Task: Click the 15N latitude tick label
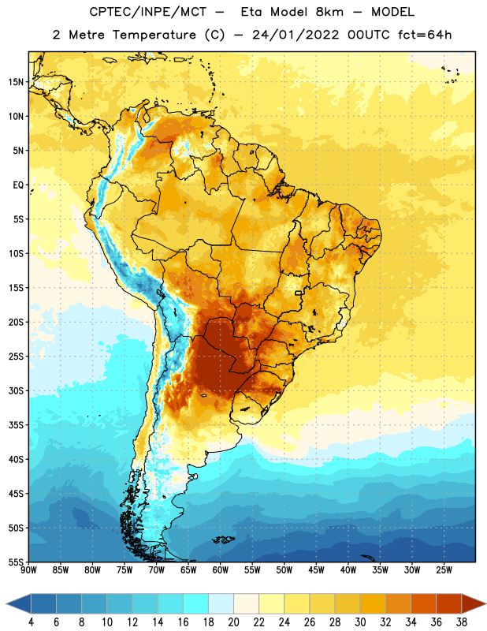(x=16, y=82)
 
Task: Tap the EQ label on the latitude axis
(x=18, y=185)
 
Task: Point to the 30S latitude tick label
(x=16, y=390)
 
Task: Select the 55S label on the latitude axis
(x=16, y=562)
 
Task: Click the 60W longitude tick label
(x=221, y=570)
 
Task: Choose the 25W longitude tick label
(x=444, y=570)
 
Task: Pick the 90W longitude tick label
(x=28, y=570)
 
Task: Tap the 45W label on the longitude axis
(x=316, y=570)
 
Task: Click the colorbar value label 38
(x=461, y=622)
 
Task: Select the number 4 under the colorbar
(x=31, y=622)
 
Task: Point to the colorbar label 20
(x=233, y=622)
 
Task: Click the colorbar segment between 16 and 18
(x=196, y=604)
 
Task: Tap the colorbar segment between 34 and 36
(x=423, y=604)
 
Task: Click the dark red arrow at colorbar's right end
(x=473, y=604)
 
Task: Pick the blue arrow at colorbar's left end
(x=19, y=604)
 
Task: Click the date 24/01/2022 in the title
(x=296, y=35)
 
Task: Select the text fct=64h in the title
(x=425, y=35)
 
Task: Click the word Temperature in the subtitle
(x=154, y=35)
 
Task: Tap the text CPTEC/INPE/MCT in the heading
(x=147, y=12)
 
